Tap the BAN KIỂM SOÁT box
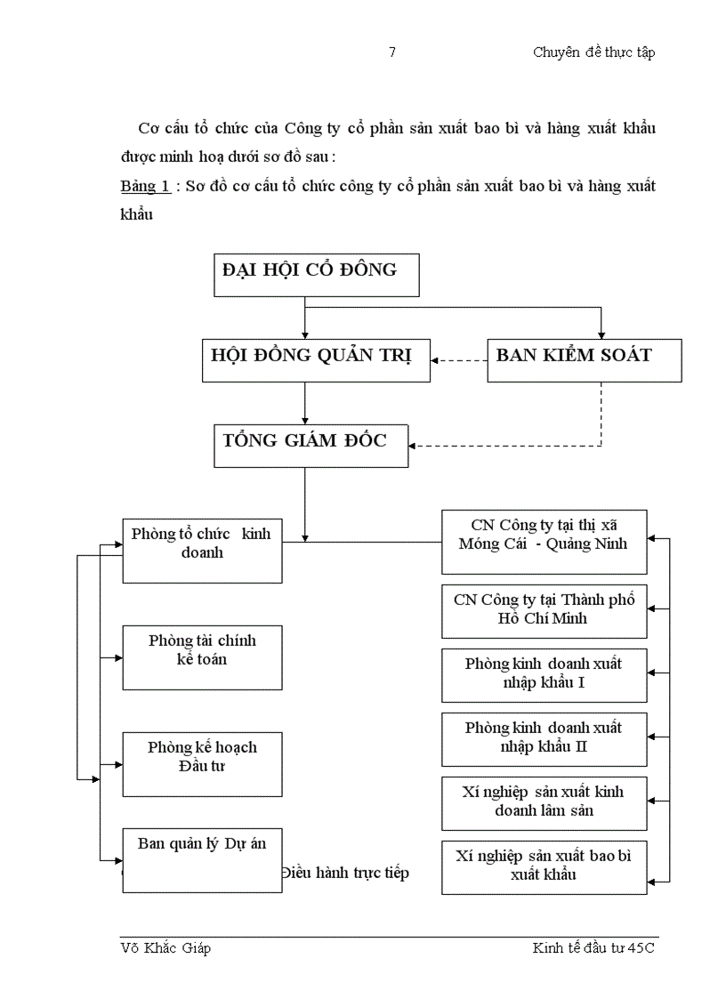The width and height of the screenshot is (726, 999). [x=584, y=359]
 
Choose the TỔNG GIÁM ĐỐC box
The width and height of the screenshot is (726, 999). [x=311, y=445]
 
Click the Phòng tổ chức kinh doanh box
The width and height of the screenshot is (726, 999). [x=202, y=550]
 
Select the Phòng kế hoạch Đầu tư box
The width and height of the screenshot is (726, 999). [x=202, y=763]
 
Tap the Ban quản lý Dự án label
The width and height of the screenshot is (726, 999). [x=202, y=843]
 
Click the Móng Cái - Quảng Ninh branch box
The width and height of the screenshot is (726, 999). [x=544, y=541]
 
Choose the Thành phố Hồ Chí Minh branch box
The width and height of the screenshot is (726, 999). [x=544, y=610]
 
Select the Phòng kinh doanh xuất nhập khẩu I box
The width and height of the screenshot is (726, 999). [x=544, y=674]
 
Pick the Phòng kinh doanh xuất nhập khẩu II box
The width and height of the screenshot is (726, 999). [x=544, y=738]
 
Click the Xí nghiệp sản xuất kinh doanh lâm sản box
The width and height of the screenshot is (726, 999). [x=544, y=802]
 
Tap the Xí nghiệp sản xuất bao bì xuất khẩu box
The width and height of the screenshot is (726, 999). [x=544, y=866]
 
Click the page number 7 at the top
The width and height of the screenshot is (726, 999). [x=392, y=52]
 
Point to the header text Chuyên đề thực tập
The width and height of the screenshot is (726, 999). [x=593, y=52]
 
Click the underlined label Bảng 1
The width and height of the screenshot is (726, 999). [x=145, y=187]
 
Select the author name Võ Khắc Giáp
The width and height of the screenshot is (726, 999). [x=165, y=948]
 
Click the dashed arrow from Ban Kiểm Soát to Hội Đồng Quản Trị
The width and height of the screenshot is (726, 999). [x=459, y=360]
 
